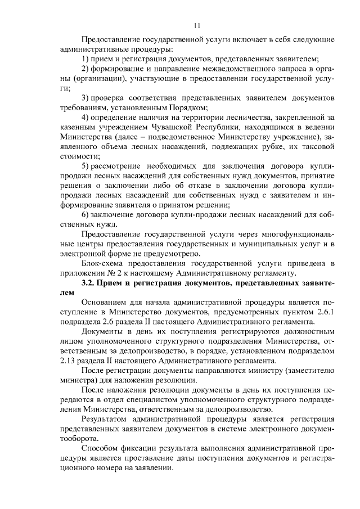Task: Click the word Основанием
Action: pyautogui.click(x=106, y=302)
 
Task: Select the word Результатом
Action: pyautogui.click(x=106, y=419)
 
